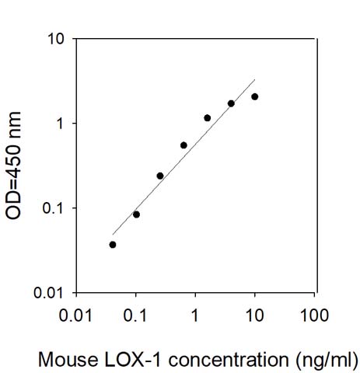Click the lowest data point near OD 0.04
(x=113, y=244)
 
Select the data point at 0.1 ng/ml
(x=136, y=214)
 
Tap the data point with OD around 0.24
(x=160, y=176)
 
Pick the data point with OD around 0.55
(x=183, y=145)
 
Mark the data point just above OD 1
(x=208, y=118)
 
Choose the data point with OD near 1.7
(x=231, y=103)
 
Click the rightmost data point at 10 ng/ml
(x=255, y=96)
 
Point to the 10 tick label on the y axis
(x=56, y=39)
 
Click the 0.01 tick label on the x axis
(x=75, y=316)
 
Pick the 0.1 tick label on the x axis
(x=135, y=316)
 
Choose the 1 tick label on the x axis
(x=195, y=316)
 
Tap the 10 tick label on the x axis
(x=255, y=316)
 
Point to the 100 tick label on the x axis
(x=315, y=316)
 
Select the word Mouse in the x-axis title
(x=61, y=360)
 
